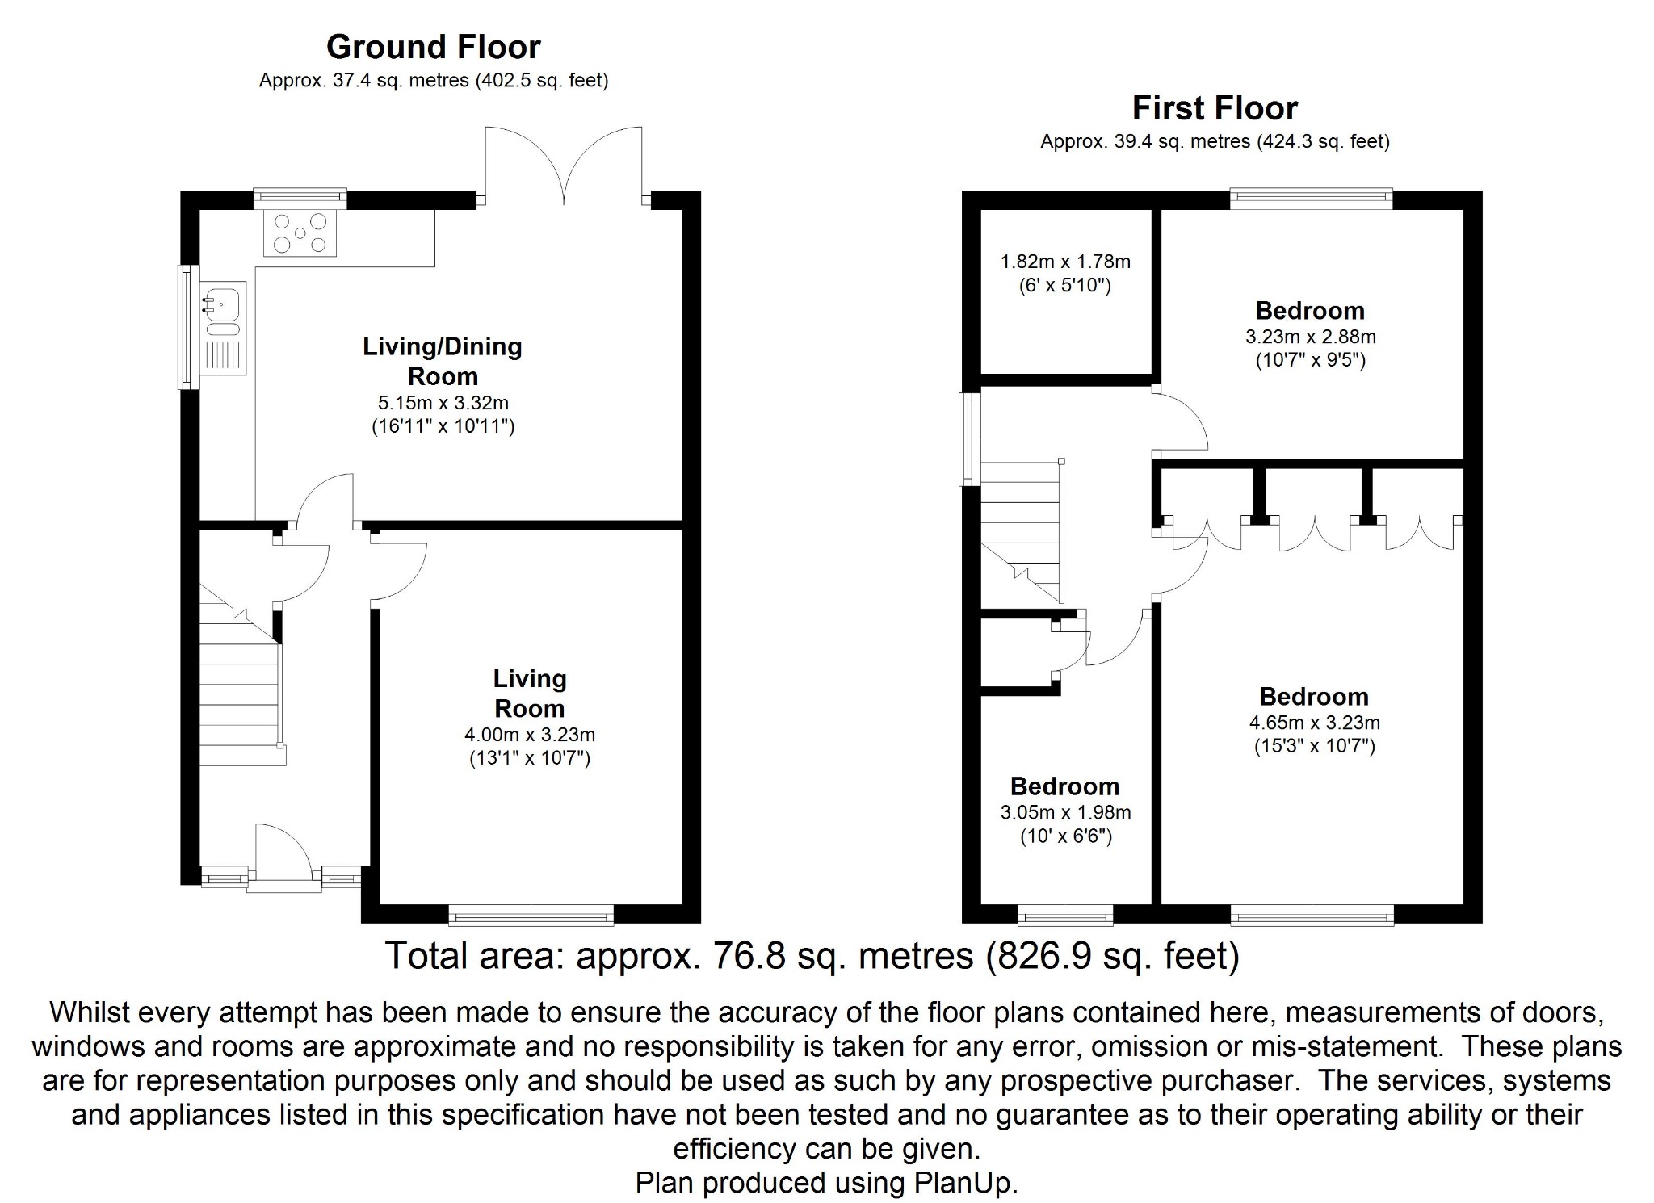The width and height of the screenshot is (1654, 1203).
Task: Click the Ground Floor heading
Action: click(433, 48)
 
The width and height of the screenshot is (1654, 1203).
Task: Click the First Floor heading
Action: click(1215, 108)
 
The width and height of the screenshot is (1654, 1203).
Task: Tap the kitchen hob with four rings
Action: click(300, 233)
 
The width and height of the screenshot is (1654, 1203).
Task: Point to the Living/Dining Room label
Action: click(443, 361)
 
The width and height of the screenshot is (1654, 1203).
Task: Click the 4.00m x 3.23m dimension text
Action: click(530, 735)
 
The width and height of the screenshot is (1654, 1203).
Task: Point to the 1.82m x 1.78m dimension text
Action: click(1065, 262)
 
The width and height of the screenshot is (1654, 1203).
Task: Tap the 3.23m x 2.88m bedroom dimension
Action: click(1310, 337)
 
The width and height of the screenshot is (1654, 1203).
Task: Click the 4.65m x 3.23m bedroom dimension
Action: click(1314, 723)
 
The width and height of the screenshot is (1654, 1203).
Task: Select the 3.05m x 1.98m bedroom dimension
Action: click(1065, 813)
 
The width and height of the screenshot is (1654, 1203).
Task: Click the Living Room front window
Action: click(531, 915)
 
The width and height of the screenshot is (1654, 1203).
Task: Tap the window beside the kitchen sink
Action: click(188, 327)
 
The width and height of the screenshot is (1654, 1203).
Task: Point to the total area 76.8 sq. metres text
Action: click(812, 956)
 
